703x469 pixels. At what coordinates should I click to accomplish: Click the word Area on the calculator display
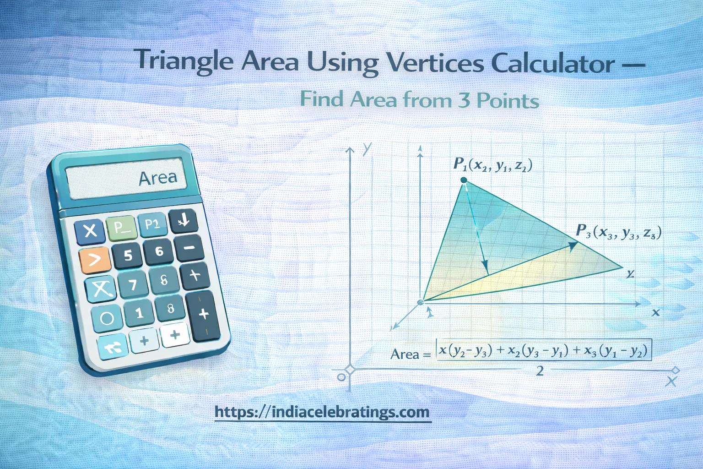click(158, 178)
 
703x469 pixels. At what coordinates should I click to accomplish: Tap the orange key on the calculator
click(95, 259)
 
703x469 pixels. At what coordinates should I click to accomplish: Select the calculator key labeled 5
click(128, 255)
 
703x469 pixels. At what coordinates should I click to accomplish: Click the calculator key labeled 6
click(159, 251)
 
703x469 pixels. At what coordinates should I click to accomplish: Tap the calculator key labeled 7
click(133, 285)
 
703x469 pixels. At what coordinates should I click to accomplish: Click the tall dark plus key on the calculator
click(204, 315)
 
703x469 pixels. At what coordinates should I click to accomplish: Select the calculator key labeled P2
click(152, 224)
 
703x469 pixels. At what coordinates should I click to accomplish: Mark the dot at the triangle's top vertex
click(464, 180)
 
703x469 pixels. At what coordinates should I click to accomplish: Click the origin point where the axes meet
click(421, 302)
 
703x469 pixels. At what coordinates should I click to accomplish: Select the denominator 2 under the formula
click(540, 371)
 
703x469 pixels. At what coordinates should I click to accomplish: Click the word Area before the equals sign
click(405, 354)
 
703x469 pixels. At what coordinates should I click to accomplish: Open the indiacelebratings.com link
click(322, 412)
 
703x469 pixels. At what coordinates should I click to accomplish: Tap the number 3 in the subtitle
click(464, 100)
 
